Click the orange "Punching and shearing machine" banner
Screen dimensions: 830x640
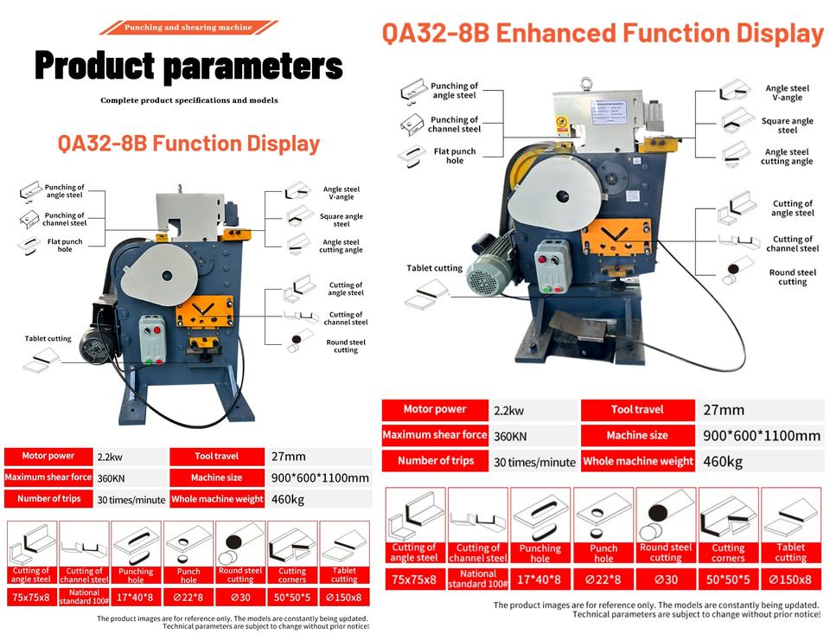click(x=188, y=28)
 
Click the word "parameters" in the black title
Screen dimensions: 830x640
click(x=253, y=67)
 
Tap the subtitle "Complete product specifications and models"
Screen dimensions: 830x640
click(x=189, y=100)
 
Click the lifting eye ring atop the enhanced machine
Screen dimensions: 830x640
click(x=584, y=84)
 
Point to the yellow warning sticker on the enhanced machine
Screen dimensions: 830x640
click(x=562, y=124)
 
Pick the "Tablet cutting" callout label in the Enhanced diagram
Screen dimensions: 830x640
click(x=434, y=268)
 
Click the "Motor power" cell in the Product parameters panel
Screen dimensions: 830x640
click(x=48, y=456)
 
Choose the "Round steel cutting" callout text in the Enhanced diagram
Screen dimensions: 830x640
click(x=793, y=277)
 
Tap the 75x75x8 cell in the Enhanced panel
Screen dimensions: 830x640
click(x=414, y=579)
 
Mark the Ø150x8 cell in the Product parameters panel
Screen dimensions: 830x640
click(x=344, y=597)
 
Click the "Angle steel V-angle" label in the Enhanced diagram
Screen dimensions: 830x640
click(x=787, y=93)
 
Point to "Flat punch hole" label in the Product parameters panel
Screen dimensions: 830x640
click(x=65, y=245)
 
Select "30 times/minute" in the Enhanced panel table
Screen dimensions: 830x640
click(x=534, y=462)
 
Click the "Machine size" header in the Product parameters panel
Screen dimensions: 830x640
click(x=216, y=477)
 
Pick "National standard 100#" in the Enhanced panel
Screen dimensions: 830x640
click(x=478, y=579)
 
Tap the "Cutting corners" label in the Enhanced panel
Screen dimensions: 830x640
click(x=728, y=553)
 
